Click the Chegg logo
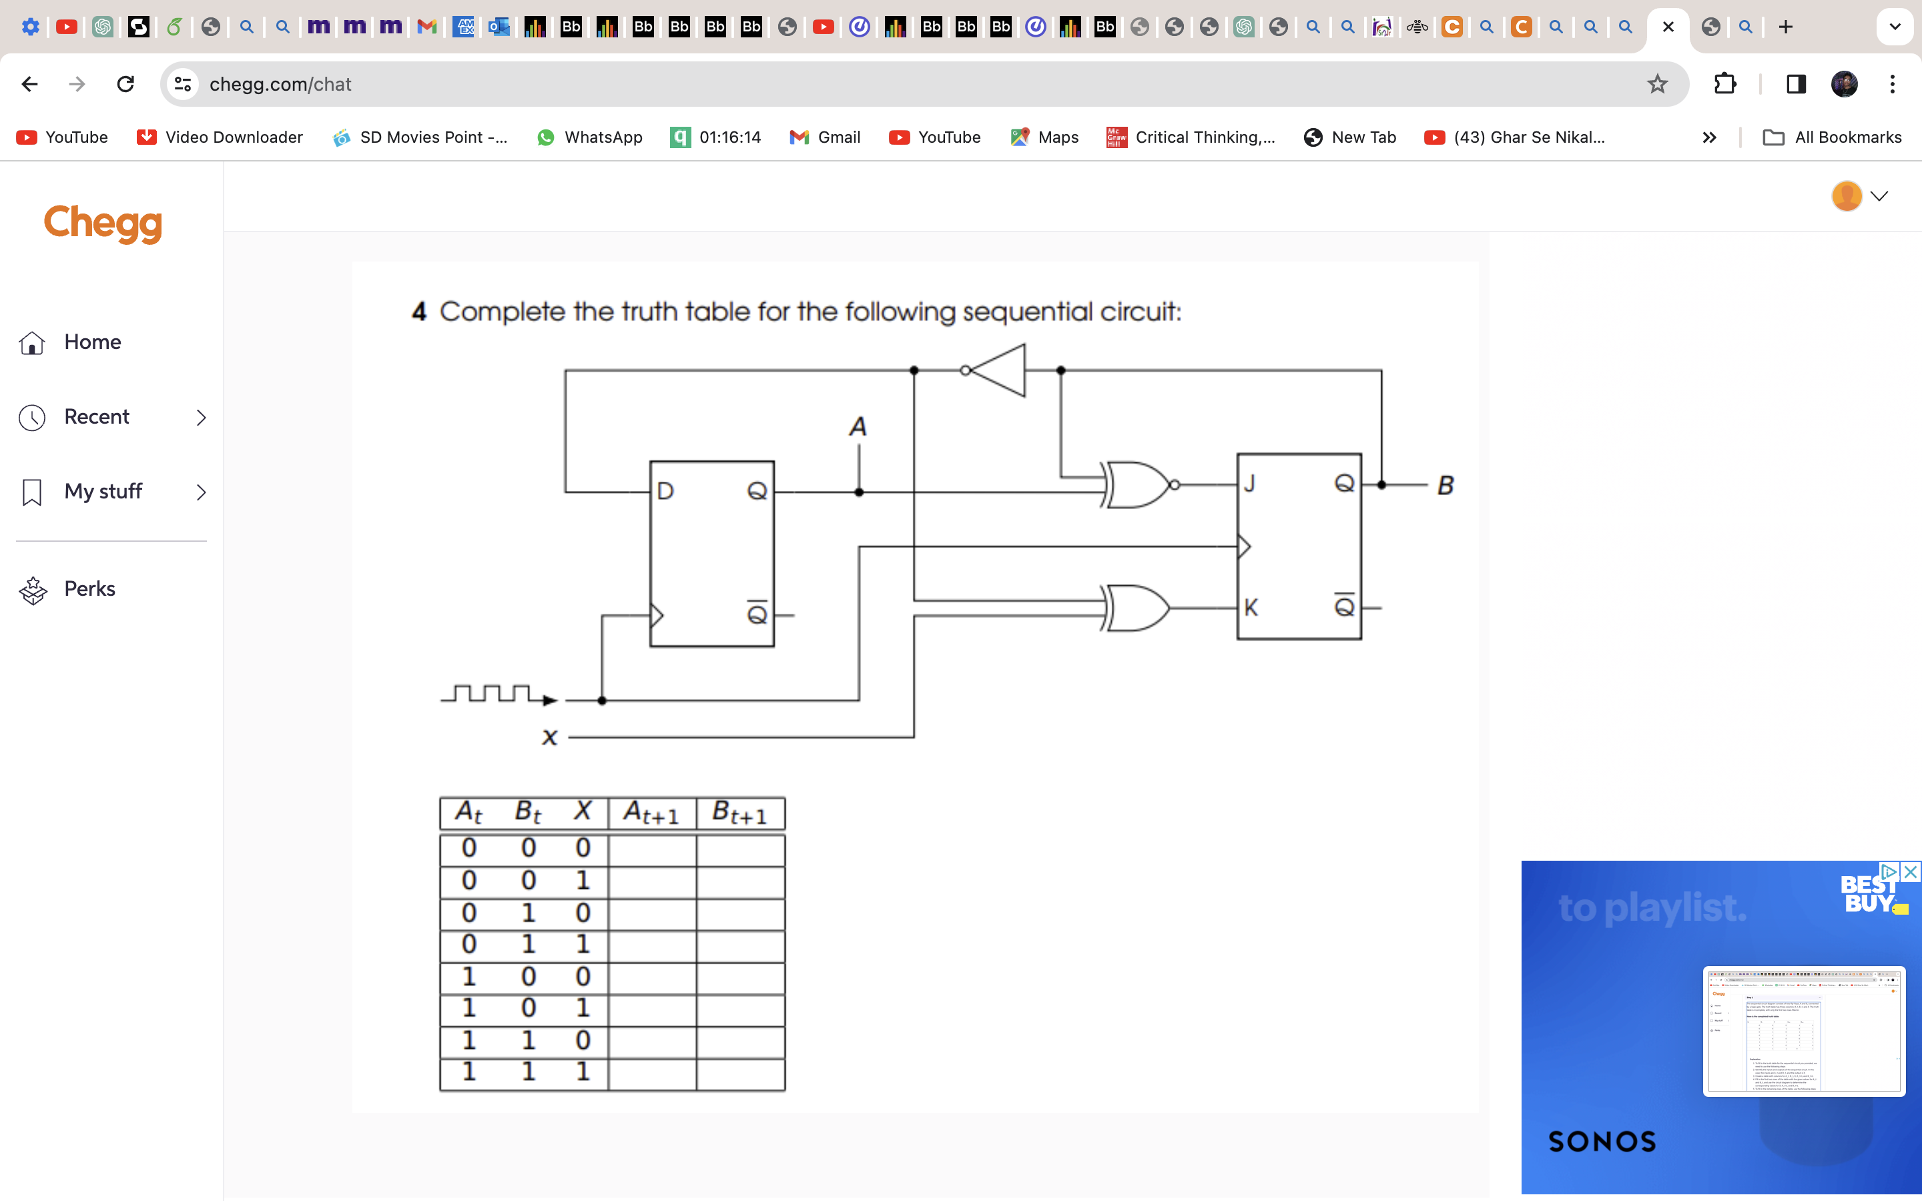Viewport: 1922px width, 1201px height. tap(103, 224)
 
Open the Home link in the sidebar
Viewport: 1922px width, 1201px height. tap(92, 342)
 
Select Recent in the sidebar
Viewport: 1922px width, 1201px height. tap(96, 417)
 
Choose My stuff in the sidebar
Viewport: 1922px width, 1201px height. tap(103, 492)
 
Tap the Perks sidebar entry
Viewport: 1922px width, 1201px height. tap(89, 588)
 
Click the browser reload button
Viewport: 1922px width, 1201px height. tap(125, 84)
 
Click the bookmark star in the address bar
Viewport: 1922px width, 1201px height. tap(1657, 84)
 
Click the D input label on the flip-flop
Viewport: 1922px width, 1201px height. tap(665, 491)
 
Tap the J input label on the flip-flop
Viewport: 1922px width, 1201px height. tap(1249, 483)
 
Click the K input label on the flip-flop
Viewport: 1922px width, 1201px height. tap(1251, 608)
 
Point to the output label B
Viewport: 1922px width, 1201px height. tap(1446, 485)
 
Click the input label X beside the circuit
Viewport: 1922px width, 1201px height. tap(549, 738)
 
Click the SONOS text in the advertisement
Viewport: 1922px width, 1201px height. tap(1602, 1142)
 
